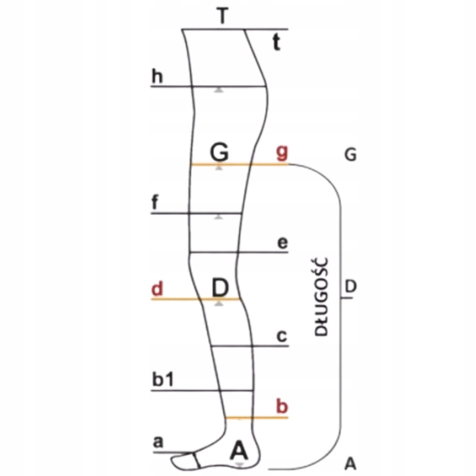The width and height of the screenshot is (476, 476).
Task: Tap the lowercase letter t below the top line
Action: pos(276,43)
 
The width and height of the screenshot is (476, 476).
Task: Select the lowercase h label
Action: pos(157,77)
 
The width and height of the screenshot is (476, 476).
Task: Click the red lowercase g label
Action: pos(282,153)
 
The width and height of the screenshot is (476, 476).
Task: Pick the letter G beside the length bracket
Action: pos(350,155)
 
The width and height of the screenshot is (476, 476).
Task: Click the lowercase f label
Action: pos(155,203)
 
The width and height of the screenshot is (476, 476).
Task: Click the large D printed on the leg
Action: pos(220,288)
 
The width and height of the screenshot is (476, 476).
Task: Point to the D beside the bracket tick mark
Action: pos(350,286)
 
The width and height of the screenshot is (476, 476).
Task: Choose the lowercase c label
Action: pos(282,337)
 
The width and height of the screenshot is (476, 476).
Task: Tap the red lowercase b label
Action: pos(282,407)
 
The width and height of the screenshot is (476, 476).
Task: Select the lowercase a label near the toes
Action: pos(157,442)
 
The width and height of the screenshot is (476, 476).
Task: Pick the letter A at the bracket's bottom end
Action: pos(350,463)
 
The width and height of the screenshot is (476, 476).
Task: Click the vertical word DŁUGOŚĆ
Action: pos(322,297)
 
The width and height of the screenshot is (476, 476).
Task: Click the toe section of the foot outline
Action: pos(185,461)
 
